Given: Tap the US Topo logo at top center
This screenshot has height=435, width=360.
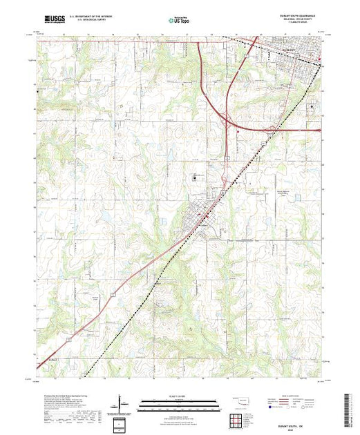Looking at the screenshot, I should click(178, 21).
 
